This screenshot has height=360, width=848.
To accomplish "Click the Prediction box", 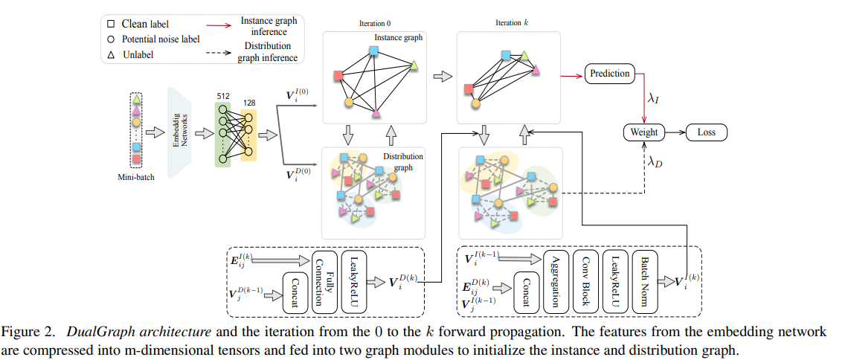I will (609, 74).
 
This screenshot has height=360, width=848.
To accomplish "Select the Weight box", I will (644, 132).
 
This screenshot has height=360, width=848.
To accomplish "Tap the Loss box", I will (706, 132).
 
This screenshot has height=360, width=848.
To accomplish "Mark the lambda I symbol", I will (653, 97).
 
